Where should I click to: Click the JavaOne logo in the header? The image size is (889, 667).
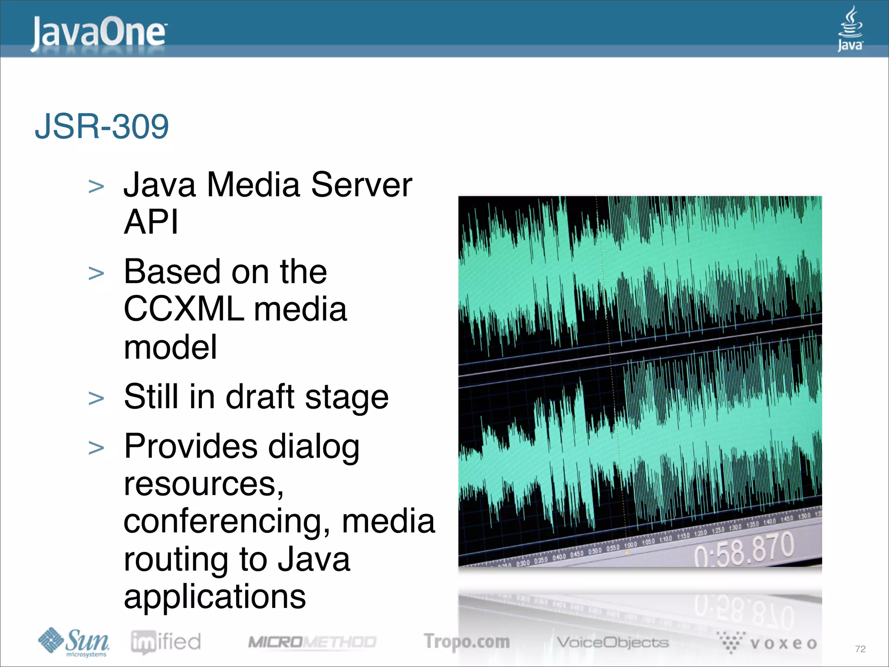[x=99, y=33]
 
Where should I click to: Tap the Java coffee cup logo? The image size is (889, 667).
[x=850, y=29]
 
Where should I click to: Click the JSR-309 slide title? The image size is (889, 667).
[x=102, y=126]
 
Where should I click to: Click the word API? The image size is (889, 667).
[x=151, y=222]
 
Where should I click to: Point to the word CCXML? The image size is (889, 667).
[x=183, y=309]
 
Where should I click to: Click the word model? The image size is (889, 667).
[x=170, y=347]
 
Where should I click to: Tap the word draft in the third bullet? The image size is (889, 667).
[x=260, y=397]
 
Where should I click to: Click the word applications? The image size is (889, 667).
[x=215, y=597]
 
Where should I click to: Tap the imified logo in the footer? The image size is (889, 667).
[x=166, y=642]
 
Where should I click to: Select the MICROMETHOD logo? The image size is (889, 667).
[x=312, y=642]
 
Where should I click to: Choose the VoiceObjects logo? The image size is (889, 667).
[x=612, y=642]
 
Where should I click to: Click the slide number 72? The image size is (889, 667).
[x=860, y=649]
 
